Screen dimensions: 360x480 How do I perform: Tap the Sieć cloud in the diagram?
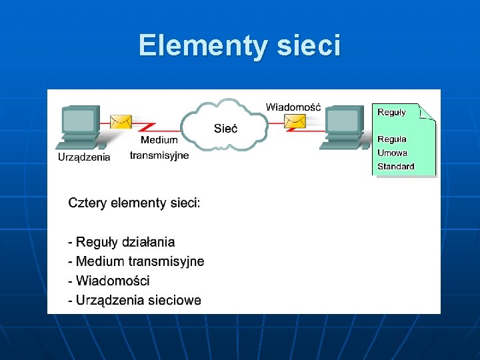click(225, 127)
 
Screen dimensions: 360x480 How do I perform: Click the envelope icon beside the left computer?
click(121, 121)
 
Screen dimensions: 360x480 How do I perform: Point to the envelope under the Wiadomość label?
click(295, 121)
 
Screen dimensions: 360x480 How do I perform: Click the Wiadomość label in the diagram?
click(293, 107)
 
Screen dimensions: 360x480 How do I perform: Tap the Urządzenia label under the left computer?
click(84, 157)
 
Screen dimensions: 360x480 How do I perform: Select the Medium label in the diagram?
click(159, 140)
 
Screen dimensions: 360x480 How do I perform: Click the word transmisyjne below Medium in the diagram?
click(159, 155)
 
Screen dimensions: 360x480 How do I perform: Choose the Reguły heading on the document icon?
click(391, 112)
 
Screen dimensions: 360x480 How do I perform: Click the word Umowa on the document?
click(392, 153)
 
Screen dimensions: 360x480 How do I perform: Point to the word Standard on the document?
click(396, 167)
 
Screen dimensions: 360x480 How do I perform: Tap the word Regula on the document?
click(392, 139)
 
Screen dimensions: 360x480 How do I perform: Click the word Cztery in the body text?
click(87, 203)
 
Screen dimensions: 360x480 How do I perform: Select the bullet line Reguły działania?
click(121, 242)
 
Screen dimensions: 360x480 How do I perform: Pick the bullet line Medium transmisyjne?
click(136, 261)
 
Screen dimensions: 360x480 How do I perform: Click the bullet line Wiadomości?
click(109, 281)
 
